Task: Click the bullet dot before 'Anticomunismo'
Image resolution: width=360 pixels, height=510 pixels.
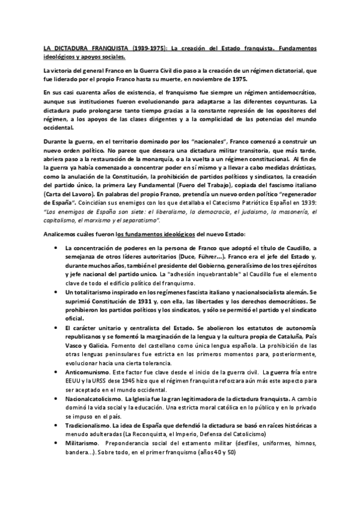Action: click(x=56, y=373)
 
